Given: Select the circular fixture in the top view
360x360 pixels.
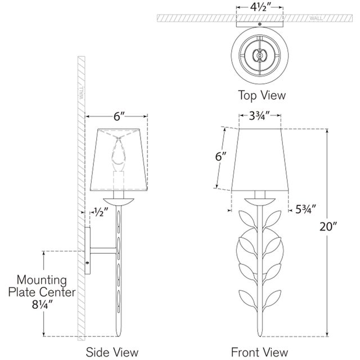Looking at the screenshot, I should click(259, 55).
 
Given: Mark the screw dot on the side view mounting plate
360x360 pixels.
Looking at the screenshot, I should click(87, 263).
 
